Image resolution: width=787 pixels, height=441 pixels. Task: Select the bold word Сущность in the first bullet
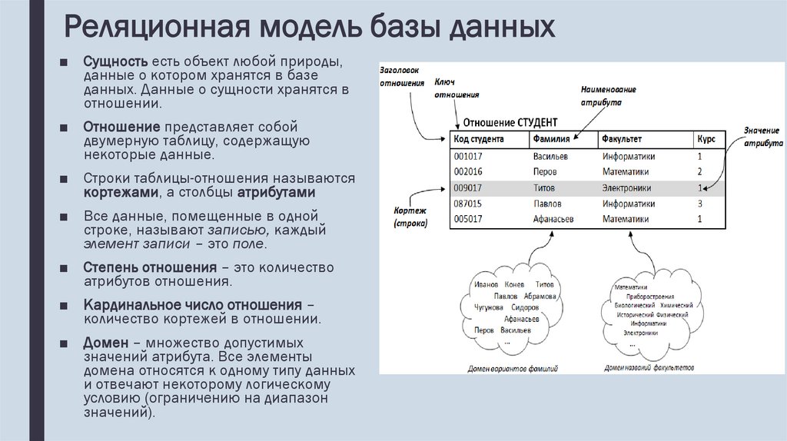115,61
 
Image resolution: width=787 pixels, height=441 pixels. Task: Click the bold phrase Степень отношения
149,267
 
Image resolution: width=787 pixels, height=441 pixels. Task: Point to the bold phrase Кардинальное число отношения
192,305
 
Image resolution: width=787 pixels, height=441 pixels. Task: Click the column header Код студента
479,139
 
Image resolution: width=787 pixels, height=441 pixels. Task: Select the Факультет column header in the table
622,139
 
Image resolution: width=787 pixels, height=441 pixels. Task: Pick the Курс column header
706,139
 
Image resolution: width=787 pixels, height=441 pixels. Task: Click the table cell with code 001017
468,156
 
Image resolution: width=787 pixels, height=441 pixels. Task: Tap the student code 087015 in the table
468,204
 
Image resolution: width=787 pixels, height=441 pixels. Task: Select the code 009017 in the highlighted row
468,187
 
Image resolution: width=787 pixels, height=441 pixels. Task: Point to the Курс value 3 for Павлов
700,204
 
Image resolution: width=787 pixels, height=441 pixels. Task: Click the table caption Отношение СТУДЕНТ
506,122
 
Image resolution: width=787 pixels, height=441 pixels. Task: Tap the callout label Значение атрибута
762,138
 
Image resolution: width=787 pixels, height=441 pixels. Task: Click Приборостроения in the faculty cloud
649,297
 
